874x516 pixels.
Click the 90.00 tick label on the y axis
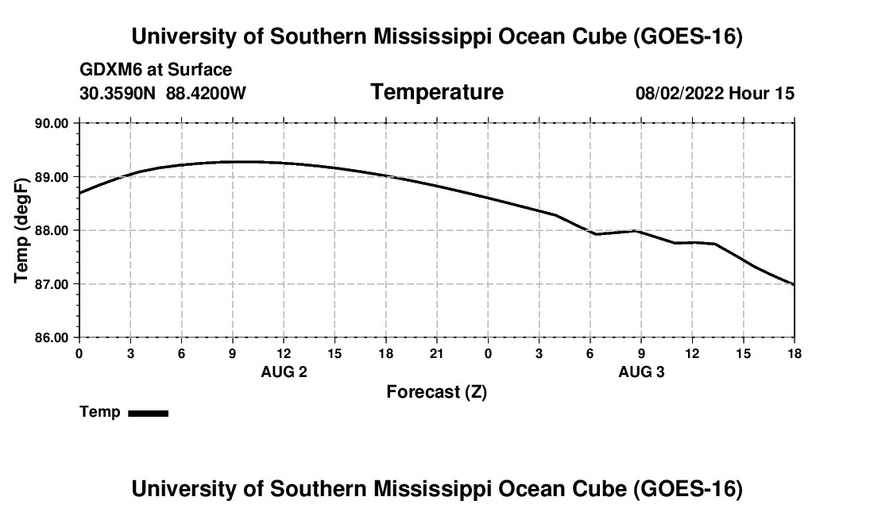(x=52, y=123)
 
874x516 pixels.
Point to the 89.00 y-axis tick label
(x=52, y=177)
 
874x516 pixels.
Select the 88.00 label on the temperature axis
(x=52, y=230)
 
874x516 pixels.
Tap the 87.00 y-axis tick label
(x=52, y=284)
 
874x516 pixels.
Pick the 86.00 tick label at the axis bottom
(x=52, y=338)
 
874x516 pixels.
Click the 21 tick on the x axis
(x=436, y=353)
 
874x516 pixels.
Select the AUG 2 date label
(x=284, y=372)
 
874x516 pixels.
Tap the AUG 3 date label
(x=641, y=372)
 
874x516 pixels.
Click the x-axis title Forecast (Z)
(x=436, y=392)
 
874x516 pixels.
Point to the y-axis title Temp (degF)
(x=21, y=230)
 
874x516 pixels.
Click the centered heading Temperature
(x=437, y=92)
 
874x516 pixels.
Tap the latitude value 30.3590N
(x=118, y=93)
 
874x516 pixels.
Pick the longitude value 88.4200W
(x=206, y=93)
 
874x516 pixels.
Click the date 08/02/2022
(x=679, y=93)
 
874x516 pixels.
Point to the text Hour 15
(x=761, y=93)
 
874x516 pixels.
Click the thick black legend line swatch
(x=149, y=413)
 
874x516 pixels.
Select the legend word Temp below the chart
(x=100, y=412)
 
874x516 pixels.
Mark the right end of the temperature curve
(x=794, y=284)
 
